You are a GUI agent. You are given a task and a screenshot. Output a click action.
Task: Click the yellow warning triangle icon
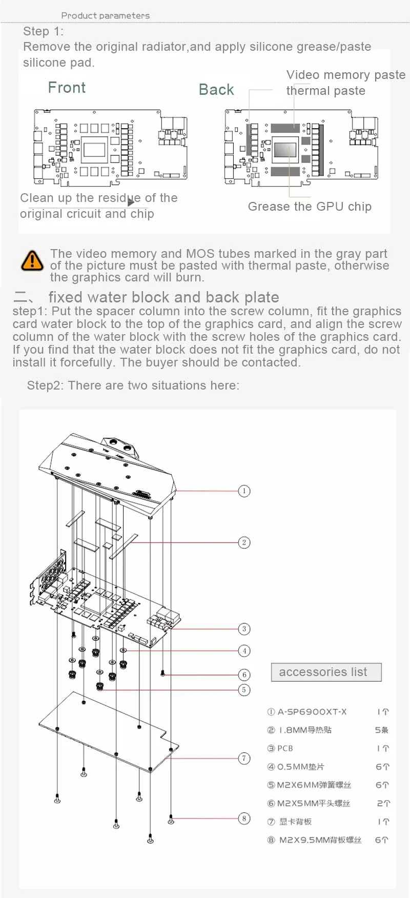(32, 260)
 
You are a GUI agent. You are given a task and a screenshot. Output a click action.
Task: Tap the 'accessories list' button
(326, 672)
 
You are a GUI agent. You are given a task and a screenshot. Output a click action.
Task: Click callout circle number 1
(244, 491)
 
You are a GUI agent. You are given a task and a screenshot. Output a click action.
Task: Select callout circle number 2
(244, 542)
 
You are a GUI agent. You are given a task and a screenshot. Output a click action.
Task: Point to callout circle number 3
(244, 629)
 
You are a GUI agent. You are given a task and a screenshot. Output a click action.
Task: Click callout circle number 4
(244, 651)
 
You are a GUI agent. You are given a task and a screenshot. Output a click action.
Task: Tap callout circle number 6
(244, 675)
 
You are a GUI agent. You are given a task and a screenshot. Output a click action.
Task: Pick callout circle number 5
(244, 690)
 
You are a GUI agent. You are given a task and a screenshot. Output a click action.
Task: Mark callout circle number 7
(244, 758)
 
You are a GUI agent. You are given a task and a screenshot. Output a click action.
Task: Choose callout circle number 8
(244, 818)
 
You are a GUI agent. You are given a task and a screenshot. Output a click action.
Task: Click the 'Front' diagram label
(67, 88)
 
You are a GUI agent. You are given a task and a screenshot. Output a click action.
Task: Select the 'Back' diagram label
(216, 90)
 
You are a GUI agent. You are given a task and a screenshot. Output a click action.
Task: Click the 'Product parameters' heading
(106, 15)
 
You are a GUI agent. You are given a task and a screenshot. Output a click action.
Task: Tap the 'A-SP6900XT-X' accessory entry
(312, 711)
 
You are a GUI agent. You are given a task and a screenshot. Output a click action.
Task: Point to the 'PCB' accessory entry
(285, 748)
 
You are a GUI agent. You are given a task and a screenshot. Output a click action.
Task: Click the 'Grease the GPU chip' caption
(310, 207)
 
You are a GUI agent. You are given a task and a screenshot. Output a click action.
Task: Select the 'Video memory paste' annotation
(346, 75)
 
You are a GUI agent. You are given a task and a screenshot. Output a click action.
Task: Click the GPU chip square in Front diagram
(94, 150)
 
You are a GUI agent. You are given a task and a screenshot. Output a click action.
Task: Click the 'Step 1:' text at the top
(43, 31)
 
